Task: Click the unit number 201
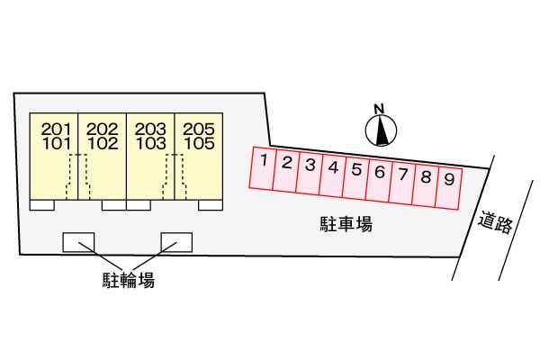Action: point(56,130)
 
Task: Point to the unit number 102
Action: point(103,143)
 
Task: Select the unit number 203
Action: point(150,130)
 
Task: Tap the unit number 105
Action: point(200,143)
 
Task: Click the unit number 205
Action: point(199,130)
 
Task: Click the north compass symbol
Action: point(381,130)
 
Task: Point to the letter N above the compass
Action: point(379,109)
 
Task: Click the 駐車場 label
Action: point(346,224)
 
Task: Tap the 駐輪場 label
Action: point(129,280)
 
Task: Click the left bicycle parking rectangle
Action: point(78,242)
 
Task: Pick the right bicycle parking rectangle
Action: point(176,242)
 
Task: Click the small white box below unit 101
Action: point(42,205)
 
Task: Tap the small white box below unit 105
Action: point(211,205)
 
